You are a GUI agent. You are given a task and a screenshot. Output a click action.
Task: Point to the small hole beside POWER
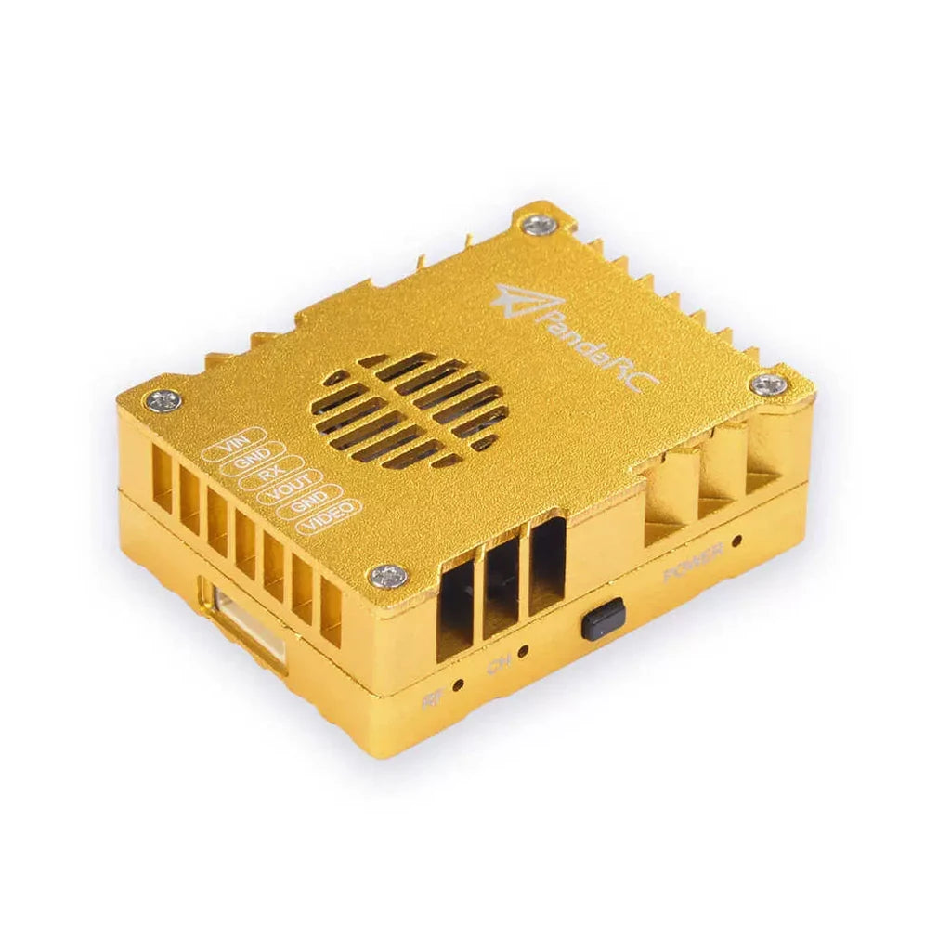coord(737,541)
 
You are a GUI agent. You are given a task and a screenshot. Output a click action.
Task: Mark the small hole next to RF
coord(459,686)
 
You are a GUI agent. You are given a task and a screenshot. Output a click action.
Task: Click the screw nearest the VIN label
coord(164,401)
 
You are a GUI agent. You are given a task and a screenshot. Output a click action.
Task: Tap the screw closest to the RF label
coord(388,578)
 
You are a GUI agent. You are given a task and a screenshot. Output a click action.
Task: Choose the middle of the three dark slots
coord(501,587)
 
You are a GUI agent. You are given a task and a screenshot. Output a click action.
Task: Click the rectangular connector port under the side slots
coord(242,622)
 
